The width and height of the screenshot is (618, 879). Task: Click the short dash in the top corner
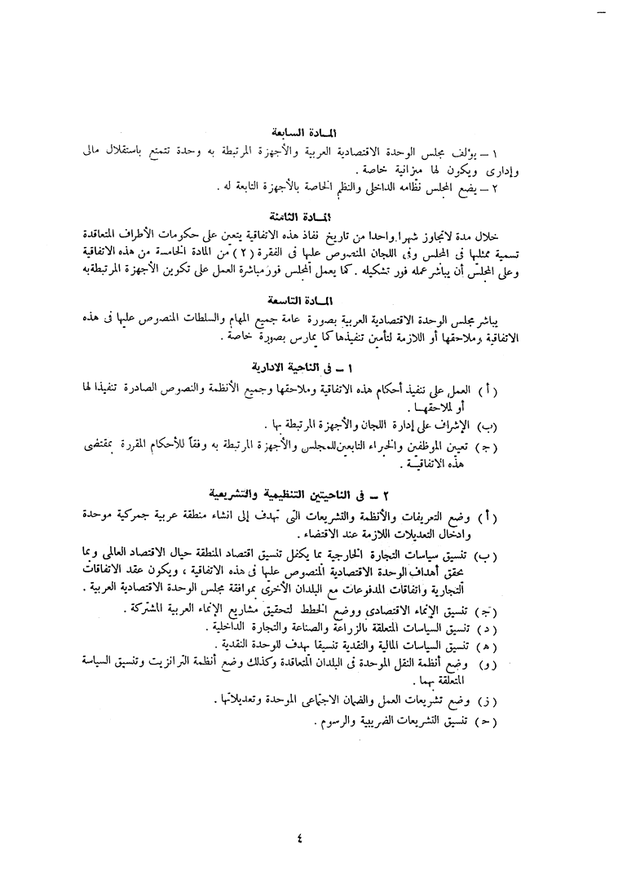click(603, 15)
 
